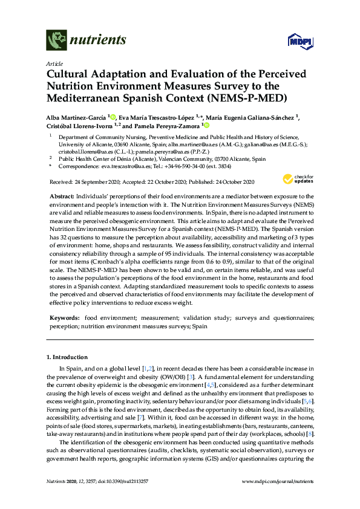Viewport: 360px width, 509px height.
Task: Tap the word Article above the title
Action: [x=54, y=63]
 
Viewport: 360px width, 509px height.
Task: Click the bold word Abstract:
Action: [x=61, y=197]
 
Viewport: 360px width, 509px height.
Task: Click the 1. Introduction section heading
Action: [x=70, y=357]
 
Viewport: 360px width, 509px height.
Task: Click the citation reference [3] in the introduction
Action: [x=224, y=377]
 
